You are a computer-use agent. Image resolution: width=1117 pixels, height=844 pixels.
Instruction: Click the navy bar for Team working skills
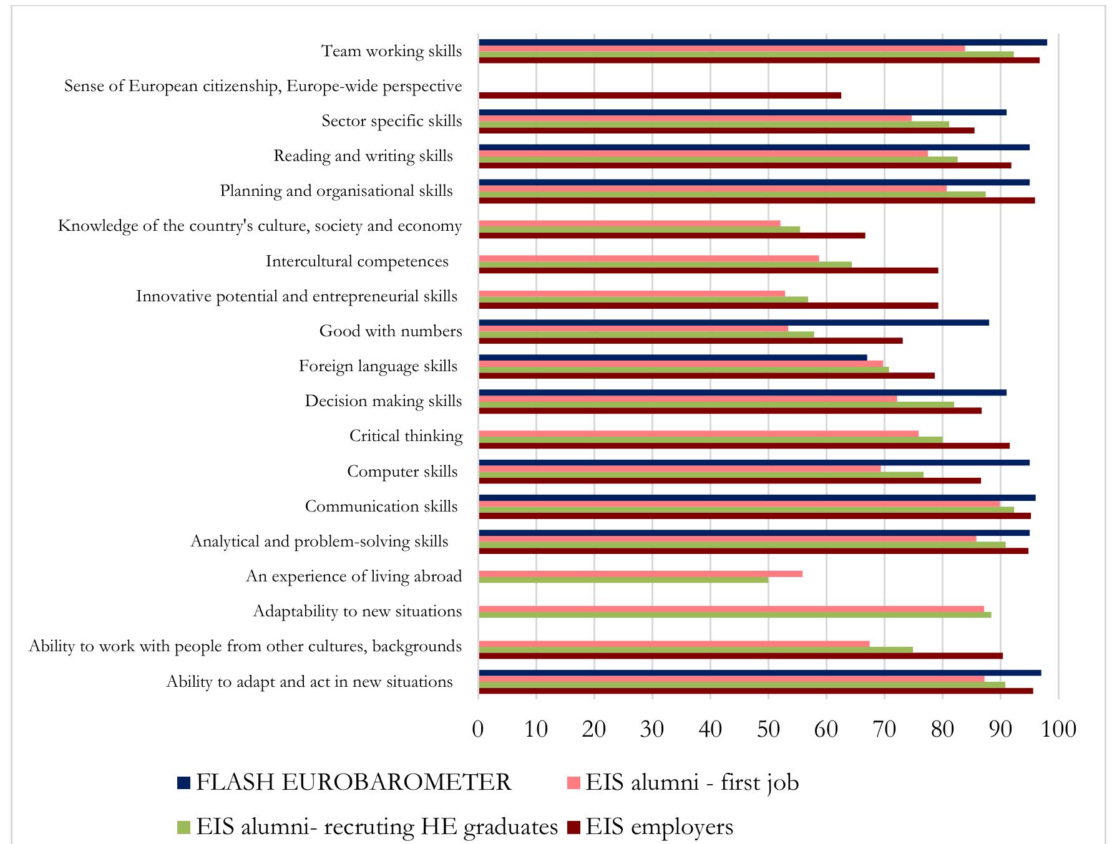tap(763, 42)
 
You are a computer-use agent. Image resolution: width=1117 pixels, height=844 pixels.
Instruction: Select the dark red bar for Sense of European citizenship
tap(660, 95)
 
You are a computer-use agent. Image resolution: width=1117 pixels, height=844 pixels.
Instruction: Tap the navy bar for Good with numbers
tap(733, 323)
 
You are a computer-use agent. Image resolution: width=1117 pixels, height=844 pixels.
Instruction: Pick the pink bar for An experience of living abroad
tap(640, 574)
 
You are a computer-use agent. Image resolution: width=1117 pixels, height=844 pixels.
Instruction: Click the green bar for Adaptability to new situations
tap(734, 615)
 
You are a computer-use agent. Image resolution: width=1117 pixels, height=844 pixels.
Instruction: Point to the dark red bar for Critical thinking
tap(744, 445)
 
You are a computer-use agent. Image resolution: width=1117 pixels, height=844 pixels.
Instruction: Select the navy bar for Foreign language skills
tap(673, 357)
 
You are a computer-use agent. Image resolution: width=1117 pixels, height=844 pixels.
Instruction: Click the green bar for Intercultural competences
tap(665, 264)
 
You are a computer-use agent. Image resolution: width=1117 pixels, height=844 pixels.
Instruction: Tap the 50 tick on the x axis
tap(768, 729)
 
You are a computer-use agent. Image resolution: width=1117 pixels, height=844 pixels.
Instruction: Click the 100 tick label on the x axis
tap(1058, 729)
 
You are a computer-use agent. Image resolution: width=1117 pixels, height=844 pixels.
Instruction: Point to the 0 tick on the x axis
tap(478, 729)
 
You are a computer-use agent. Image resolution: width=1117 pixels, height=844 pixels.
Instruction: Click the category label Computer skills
tap(402, 472)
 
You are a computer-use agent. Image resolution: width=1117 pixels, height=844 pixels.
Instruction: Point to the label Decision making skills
tap(383, 401)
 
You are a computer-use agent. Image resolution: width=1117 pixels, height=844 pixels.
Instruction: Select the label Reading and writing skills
tap(363, 156)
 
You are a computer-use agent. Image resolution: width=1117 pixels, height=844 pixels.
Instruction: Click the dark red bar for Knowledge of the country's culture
tap(671, 235)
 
